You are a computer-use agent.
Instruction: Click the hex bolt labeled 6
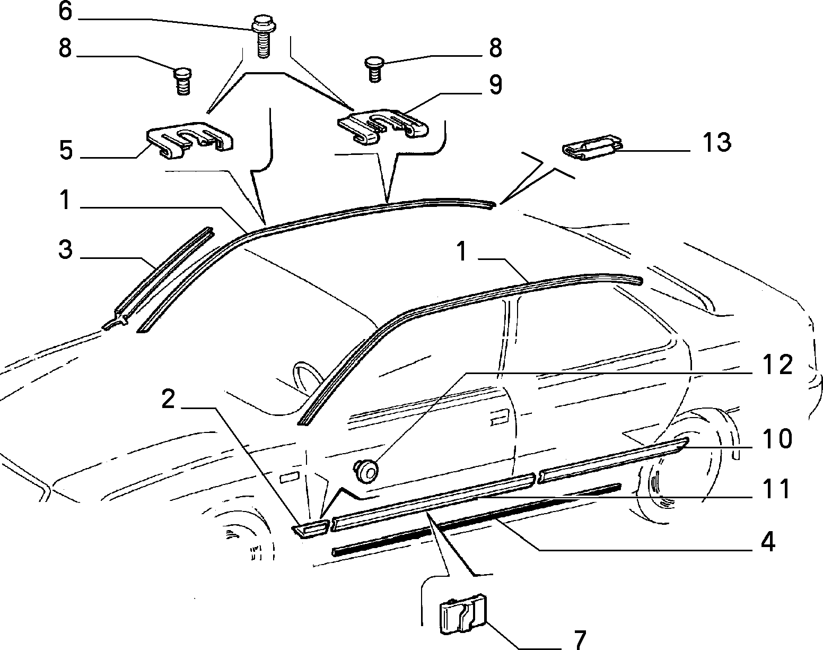tap(262, 37)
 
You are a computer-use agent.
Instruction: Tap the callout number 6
tap(65, 11)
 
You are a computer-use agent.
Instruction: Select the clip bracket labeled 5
tap(190, 141)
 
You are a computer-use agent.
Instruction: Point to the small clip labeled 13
tap(592, 148)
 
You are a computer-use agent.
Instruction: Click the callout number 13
tap(717, 142)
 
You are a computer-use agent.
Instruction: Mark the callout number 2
tap(168, 399)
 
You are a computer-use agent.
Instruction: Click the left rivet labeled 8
tap(183, 81)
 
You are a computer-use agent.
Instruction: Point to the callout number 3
tap(65, 249)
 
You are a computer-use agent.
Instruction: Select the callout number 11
tap(776, 489)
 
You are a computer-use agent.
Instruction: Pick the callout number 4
tap(768, 542)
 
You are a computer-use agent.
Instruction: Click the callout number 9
tap(496, 85)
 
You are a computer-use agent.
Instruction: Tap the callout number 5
tap(66, 151)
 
